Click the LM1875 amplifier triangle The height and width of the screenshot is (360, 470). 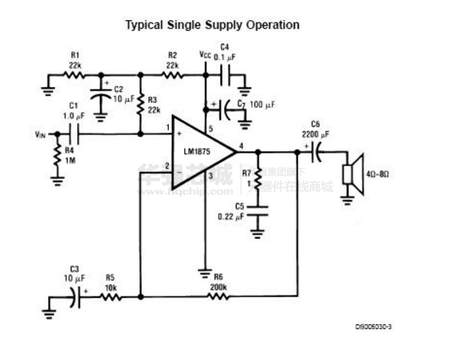pyautogui.click(x=201, y=145)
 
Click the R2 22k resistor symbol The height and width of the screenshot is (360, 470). pyautogui.click(x=172, y=75)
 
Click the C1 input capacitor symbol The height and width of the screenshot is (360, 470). pyautogui.click(x=75, y=134)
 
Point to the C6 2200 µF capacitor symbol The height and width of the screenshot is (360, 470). pyautogui.click(x=317, y=152)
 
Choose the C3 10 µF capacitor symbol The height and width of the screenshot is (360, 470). pyautogui.click(x=75, y=295)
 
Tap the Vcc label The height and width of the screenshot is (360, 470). pyautogui.click(x=205, y=55)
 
